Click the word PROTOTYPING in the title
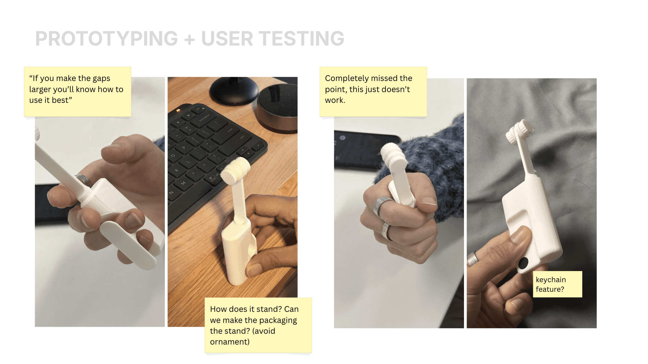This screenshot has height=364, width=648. (x=107, y=39)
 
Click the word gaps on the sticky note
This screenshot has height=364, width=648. (x=101, y=79)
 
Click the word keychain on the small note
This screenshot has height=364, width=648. (x=551, y=280)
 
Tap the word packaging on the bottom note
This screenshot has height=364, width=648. (x=278, y=321)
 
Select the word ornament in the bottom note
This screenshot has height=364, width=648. (x=229, y=342)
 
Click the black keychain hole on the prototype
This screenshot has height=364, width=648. (x=523, y=263)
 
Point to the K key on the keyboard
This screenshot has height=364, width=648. (x=177, y=170)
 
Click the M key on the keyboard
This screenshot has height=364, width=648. (x=183, y=183)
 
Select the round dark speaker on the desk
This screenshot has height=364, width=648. (x=277, y=108)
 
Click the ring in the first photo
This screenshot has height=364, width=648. (x=84, y=181)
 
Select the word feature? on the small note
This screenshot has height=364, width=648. (x=550, y=289)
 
